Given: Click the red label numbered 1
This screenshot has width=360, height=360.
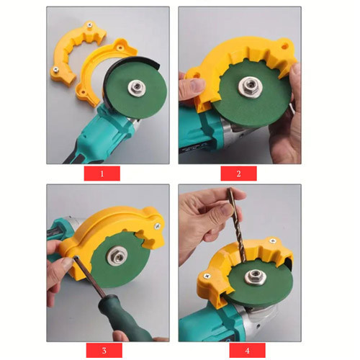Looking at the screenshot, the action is (102, 174).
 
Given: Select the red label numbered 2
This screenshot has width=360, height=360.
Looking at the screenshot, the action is (238, 174).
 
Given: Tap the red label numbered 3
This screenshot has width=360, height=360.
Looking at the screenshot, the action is (104, 350).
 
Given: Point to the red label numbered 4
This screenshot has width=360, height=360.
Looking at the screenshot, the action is (247, 350).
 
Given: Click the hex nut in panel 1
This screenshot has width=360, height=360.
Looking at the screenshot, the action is (135, 86).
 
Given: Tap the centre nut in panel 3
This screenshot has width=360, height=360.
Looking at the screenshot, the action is (116, 256).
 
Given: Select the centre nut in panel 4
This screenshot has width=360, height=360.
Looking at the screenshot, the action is (255, 276).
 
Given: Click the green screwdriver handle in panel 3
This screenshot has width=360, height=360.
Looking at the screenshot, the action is (125, 318).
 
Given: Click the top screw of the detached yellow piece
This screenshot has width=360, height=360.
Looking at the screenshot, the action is (90, 24).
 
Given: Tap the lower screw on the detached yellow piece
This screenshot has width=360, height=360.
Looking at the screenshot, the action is (55, 70).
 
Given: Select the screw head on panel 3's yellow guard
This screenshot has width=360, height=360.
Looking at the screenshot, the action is (158, 225).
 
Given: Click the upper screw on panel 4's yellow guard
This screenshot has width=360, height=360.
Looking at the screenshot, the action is (273, 240).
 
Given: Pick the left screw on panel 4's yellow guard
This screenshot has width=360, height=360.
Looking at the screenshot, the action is (207, 276).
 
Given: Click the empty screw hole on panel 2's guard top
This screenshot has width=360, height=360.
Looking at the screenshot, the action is (285, 45).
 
